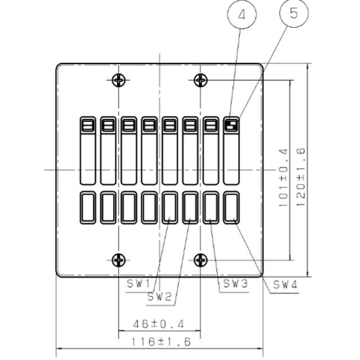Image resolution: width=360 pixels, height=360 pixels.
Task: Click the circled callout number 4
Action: click(x=242, y=14)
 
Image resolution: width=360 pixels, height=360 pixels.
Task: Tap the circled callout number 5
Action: click(x=294, y=13)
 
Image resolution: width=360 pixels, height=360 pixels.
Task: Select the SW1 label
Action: click(x=138, y=284)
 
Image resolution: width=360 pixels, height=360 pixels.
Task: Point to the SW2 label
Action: click(x=159, y=297)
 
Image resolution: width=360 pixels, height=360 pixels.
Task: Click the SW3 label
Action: click(x=236, y=283)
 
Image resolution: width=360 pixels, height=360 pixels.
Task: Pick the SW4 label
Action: click(x=285, y=285)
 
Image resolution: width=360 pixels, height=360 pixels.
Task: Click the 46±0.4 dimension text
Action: click(x=159, y=324)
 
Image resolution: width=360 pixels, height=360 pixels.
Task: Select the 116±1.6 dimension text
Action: click(x=161, y=342)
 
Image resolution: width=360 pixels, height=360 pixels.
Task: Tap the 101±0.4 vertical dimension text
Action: click(x=283, y=178)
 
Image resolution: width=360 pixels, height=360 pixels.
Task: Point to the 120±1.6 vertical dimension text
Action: click(x=301, y=177)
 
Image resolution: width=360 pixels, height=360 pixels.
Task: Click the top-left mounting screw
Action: click(x=119, y=80)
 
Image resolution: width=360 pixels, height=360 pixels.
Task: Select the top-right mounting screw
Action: click(x=201, y=80)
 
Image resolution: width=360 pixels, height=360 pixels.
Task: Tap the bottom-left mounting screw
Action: click(x=119, y=260)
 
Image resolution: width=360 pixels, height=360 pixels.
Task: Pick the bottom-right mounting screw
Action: click(x=201, y=260)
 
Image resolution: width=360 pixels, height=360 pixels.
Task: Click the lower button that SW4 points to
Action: click(x=231, y=208)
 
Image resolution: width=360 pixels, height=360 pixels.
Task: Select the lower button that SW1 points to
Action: click(x=170, y=208)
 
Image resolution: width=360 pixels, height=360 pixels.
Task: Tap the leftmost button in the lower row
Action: click(x=88, y=208)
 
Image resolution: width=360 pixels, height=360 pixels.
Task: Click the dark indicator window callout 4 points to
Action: click(x=231, y=125)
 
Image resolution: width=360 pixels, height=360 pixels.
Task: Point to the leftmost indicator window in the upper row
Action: click(x=88, y=125)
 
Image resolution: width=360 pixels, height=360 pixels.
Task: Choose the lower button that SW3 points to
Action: click(x=211, y=208)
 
